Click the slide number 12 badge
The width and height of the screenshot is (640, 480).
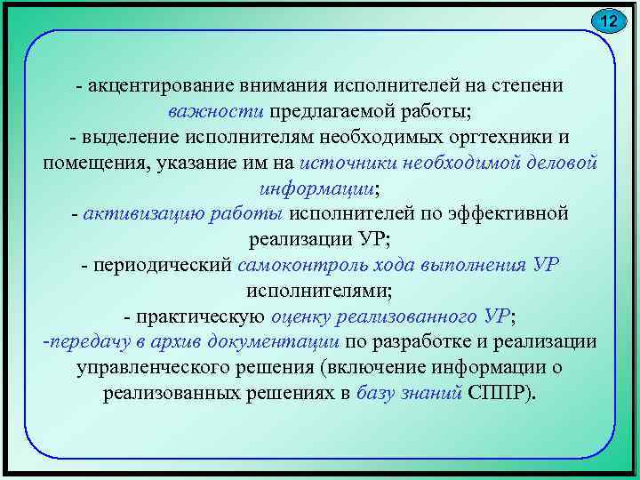(x=607, y=20)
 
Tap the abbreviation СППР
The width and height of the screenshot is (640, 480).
(x=500, y=394)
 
